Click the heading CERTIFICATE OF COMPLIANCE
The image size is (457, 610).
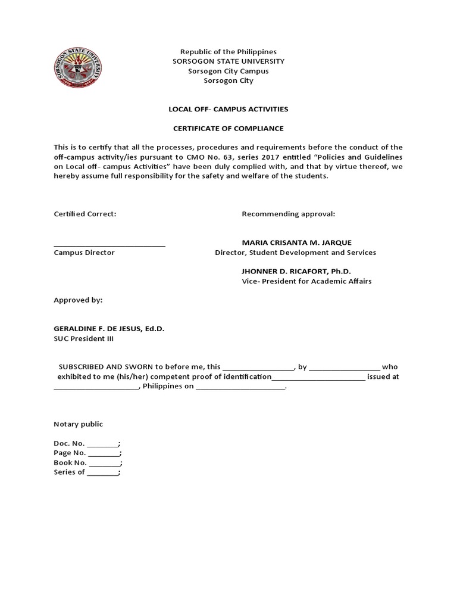[x=228, y=128]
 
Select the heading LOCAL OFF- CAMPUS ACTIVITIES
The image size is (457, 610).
[x=228, y=109]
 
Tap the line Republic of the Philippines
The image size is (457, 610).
[x=228, y=52]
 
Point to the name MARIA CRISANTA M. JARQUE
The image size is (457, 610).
[x=296, y=242]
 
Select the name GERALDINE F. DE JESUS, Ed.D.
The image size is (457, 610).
[x=109, y=329]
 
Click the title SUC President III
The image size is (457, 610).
[x=83, y=339]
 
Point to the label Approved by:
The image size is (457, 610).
[x=78, y=300]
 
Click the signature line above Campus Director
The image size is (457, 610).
[x=109, y=245]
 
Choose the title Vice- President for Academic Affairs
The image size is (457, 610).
[x=306, y=281]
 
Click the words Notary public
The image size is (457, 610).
[x=78, y=424]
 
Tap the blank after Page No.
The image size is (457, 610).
[x=105, y=453]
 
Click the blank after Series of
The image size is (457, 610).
[x=103, y=472]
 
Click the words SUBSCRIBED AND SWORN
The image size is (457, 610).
[x=105, y=367]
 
